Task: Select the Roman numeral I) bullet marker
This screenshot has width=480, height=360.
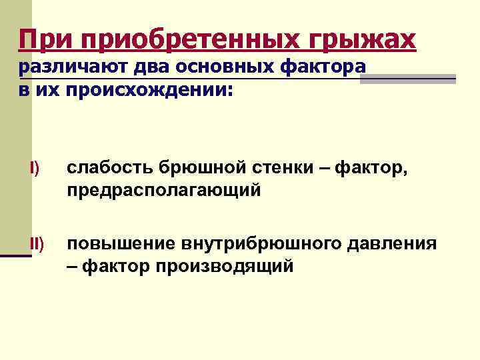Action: [35, 169]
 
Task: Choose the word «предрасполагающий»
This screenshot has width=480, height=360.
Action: [163, 191]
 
